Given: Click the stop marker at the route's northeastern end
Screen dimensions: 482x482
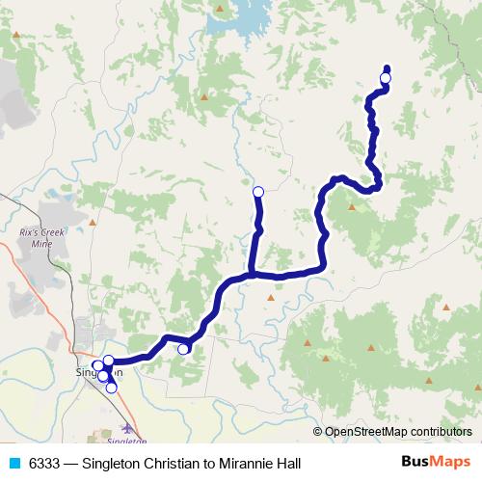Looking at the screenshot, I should coord(386,78).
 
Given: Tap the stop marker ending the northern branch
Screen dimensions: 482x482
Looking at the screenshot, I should coord(257,191).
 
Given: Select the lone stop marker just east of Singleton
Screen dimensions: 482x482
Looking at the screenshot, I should coord(183,349).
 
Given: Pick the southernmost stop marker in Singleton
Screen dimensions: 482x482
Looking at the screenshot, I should coord(112,388).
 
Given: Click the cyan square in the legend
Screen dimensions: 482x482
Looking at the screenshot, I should coord(13,463).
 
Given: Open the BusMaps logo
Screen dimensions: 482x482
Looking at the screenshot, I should coord(437,463).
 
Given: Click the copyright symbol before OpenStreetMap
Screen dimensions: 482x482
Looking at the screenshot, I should coord(318,432).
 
